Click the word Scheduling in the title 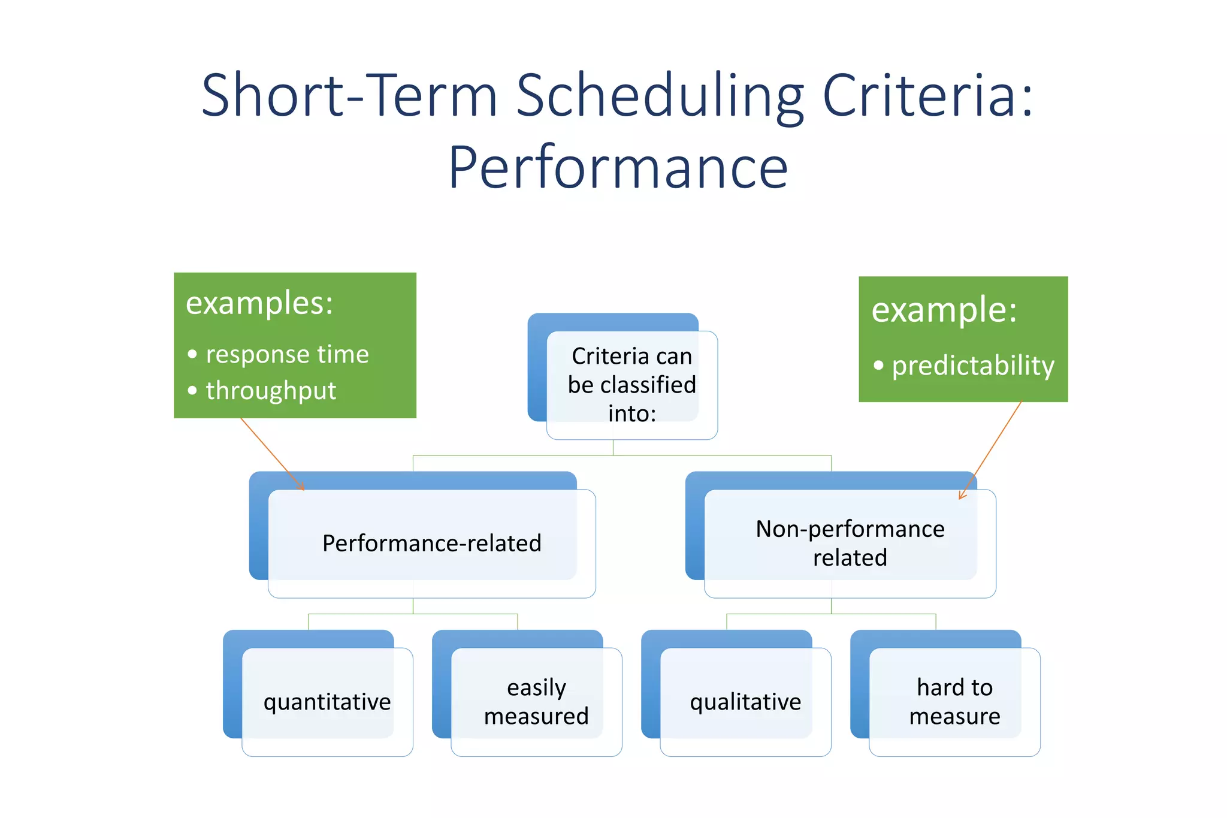[x=659, y=96]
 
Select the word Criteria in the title [x=927, y=96]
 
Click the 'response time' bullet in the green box [x=287, y=354]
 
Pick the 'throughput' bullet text [x=271, y=391]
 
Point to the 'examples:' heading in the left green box [x=259, y=303]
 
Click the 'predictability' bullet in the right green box [x=972, y=366]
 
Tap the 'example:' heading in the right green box [x=944, y=310]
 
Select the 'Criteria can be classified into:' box [x=631, y=385]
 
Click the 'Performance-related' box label [x=431, y=544]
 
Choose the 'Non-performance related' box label [x=850, y=543]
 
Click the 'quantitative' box [x=327, y=702]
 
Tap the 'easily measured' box [x=536, y=702]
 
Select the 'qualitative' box [x=745, y=702]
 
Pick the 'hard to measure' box [x=954, y=702]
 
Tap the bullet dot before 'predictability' [x=878, y=365]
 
